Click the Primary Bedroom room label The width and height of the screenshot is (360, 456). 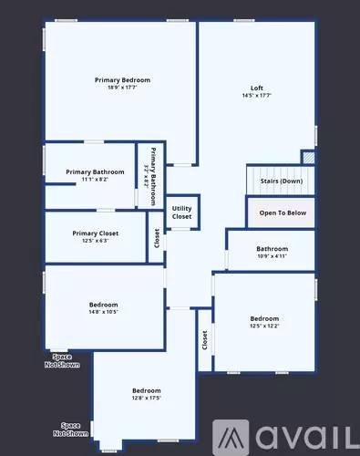tap(122, 80)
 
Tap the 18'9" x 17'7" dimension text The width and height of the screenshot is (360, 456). tap(122, 88)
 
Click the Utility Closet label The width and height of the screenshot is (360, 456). tap(181, 212)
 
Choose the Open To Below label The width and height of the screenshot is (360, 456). tap(283, 212)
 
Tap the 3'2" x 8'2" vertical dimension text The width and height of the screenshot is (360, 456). tap(146, 171)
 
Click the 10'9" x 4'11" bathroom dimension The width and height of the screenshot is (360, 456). tap(272, 256)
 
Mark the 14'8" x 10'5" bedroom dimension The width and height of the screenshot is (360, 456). tap(103, 312)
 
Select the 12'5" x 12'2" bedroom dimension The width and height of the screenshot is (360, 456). tap(265, 326)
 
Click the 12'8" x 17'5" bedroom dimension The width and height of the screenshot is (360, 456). tap(146, 398)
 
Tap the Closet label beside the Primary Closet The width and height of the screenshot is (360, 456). tap(158, 238)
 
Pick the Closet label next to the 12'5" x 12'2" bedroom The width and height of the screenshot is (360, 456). tap(203, 340)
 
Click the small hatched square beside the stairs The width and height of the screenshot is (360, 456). tap(309, 158)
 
